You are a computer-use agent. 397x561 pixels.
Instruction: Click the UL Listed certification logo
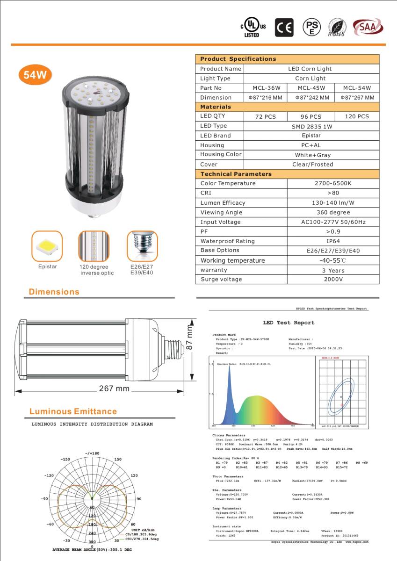tap(253, 28)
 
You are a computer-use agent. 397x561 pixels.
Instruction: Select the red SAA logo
tap(367, 27)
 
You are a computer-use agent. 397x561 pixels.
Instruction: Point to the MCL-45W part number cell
tap(311, 88)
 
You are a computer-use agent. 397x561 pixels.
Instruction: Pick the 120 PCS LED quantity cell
tap(357, 116)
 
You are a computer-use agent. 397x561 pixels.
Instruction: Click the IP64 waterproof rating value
tap(333, 241)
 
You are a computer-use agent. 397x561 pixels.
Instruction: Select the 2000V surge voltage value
tap(333, 280)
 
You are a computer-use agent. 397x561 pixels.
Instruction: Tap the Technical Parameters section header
tap(236, 174)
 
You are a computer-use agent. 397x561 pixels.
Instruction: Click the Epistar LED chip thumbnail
tap(47, 246)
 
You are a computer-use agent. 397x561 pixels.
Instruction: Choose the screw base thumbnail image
tap(142, 246)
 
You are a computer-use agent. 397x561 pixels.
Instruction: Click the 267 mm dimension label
tap(114, 389)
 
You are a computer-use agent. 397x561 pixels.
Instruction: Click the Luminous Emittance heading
tap(73, 411)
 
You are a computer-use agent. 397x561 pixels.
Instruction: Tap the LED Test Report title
tap(289, 323)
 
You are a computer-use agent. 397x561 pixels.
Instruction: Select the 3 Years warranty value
tap(333, 270)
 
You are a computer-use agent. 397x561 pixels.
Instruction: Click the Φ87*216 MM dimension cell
tap(265, 98)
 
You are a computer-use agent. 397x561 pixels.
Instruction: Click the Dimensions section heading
tap(54, 292)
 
